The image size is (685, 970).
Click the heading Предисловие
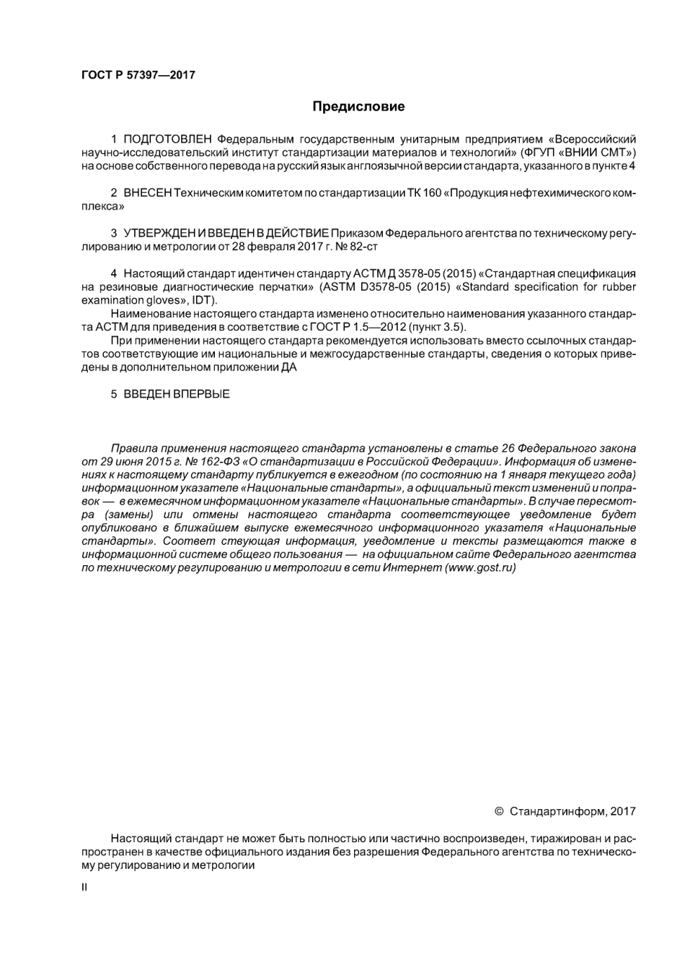358,107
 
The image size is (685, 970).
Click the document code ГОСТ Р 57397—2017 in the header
138,75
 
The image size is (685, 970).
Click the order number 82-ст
363,247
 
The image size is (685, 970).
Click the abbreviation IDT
203,300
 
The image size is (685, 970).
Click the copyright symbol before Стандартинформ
499,811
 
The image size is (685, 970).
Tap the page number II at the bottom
84,887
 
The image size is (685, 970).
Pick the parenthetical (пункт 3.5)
436,327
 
